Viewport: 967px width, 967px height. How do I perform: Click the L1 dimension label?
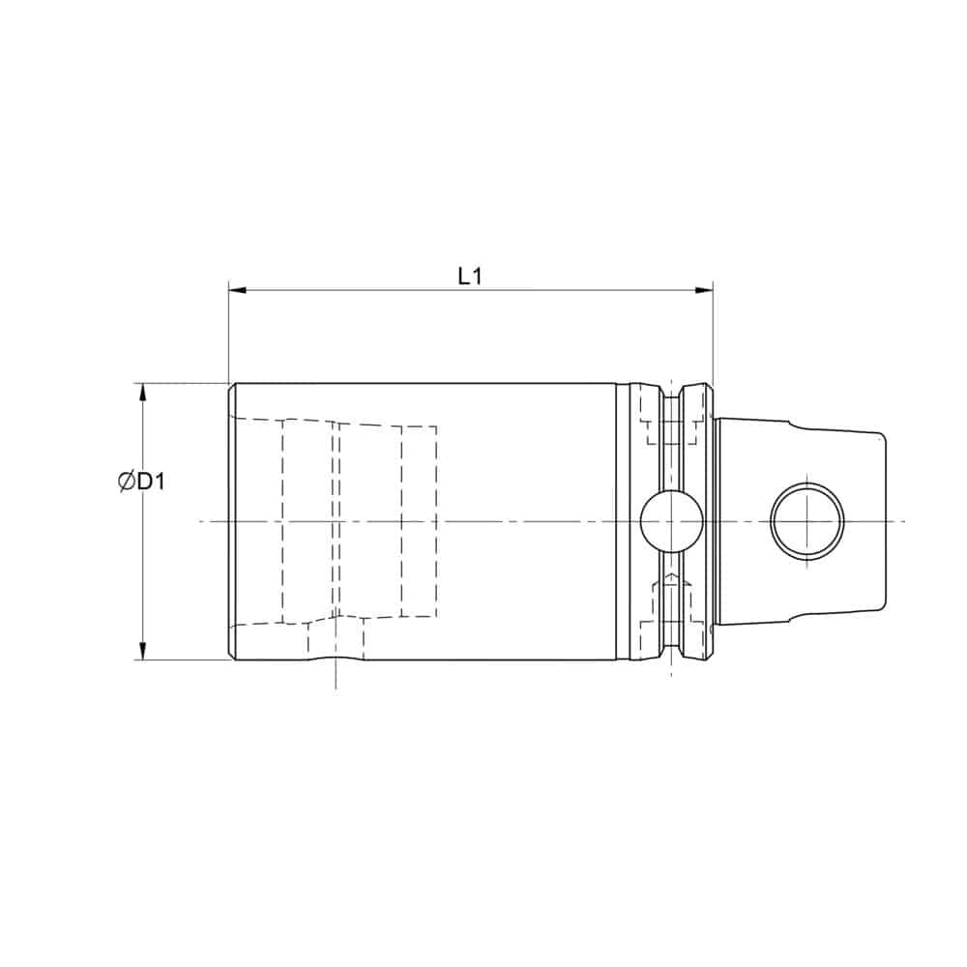coord(470,276)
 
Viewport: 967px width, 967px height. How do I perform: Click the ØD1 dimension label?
coord(141,481)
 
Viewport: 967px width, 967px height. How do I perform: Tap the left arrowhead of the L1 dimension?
coord(238,290)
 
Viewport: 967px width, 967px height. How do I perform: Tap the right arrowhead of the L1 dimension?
coord(704,290)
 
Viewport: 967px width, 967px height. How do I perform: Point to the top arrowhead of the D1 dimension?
coord(142,393)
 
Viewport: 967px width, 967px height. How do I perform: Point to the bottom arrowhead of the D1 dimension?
coord(142,651)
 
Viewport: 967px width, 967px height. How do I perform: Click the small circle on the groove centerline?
coord(672,522)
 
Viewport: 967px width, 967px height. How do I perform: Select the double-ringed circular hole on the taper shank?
coord(807,522)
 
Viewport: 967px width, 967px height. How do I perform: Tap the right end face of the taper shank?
coord(886,522)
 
